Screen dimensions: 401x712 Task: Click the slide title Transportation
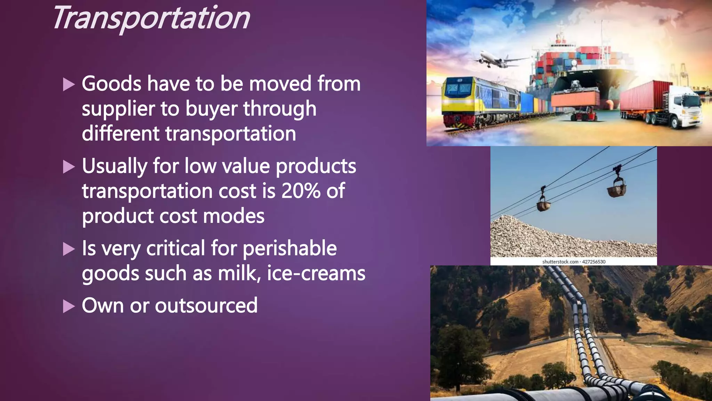[x=152, y=18]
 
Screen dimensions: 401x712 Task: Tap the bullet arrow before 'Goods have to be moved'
[x=69, y=85]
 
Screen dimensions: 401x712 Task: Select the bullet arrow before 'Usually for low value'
[x=69, y=167]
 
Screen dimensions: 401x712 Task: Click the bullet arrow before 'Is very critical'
[x=69, y=249]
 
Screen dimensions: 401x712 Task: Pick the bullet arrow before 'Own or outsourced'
[x=69, y=306]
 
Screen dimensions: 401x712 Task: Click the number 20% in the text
[x=301, y=191]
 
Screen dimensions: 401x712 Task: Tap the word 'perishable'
[x=289, y=249]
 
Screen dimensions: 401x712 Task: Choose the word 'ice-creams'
[x=316, y=274]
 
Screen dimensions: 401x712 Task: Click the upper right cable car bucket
[x=617, y=188]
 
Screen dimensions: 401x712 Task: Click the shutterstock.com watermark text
[x=574, y=262]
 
